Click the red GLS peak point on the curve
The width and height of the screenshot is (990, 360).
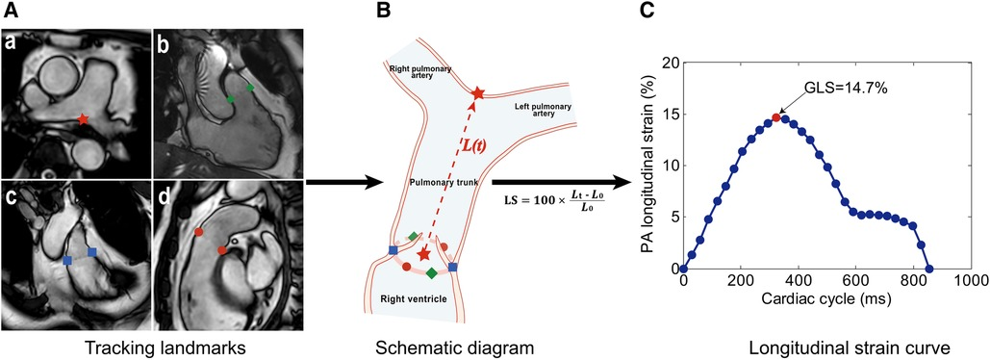pos(775,117)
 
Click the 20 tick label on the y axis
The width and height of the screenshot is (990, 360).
pos(666,63)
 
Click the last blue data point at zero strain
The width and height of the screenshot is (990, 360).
pos(929,270)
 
